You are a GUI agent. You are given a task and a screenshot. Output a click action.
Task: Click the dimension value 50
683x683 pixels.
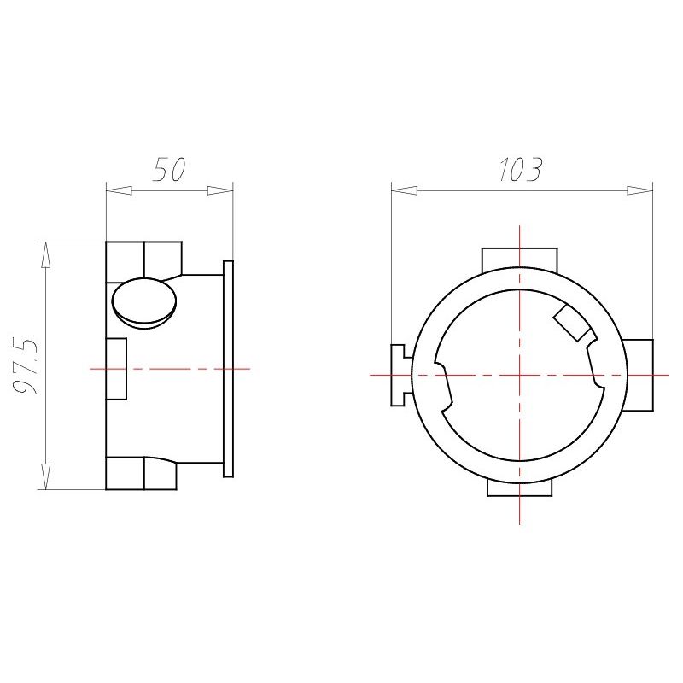tap(169, 169)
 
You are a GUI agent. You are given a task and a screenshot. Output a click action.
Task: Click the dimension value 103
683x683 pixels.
tap(521, 169)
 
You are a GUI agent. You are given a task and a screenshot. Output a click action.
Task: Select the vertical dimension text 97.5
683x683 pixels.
tap(26, 366)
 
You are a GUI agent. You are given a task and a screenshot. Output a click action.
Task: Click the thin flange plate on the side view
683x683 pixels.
tap(228, 369)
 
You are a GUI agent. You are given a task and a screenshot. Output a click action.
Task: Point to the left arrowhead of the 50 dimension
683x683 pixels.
tap(119, 190)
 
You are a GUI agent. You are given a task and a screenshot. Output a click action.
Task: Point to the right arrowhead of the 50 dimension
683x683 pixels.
tap(220, 190)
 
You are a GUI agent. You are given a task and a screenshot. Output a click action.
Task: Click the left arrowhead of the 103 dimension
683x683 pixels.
tap(404, 190)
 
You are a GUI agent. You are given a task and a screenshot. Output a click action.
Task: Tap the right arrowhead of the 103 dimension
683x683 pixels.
tap(639, 190)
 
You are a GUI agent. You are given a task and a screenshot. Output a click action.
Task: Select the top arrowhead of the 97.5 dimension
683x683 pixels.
tap(46, 254)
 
